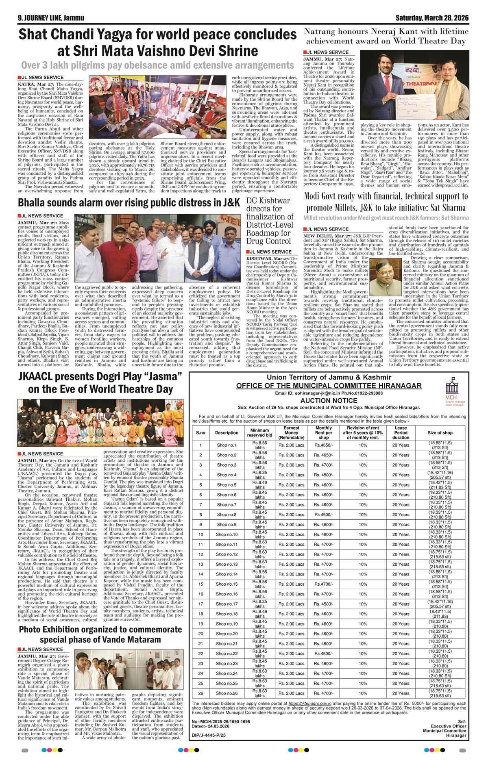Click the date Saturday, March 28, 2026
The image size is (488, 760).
[x=432, y=18]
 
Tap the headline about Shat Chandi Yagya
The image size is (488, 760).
[x=157, y=42]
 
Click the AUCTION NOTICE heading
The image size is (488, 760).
[x=328, y=400]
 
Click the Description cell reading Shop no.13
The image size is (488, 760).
[x=227, y=564]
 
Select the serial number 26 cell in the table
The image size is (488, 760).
[x=200, y=693]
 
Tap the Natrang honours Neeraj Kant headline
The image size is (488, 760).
[x=386, y=36]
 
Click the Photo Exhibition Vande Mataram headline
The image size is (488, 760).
[x=100, y=634]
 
